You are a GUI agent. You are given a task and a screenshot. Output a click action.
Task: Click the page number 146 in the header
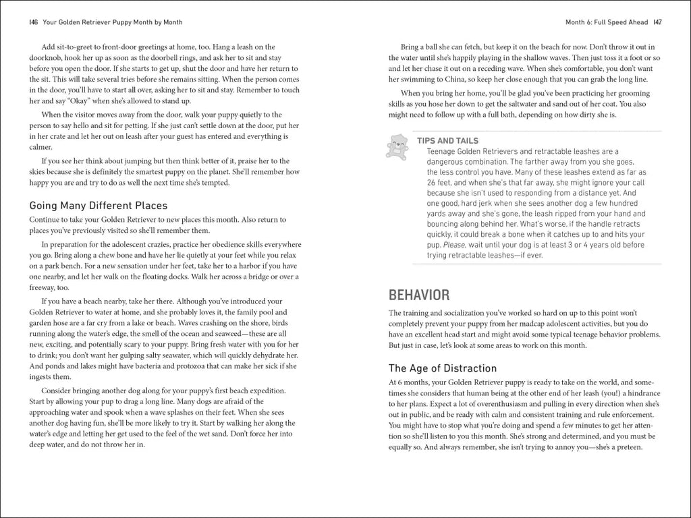pyautogui.click(x=33, y=22)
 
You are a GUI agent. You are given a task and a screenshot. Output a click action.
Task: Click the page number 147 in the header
pyautogui.click(x=657, y=22)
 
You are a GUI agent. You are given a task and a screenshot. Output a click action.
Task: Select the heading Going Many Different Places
pyautogui.click(x=98, y=206)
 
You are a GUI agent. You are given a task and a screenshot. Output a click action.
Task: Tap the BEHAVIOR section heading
pyautogui.click(x=419, y=295)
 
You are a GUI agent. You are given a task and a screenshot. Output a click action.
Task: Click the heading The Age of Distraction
pyautogui.click(x=443, y=368)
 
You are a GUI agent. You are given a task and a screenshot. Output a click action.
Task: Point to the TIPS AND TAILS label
pyautogui.click(x=447, y=141)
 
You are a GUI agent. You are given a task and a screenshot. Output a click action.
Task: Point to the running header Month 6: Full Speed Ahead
pyautogui.click(x=606, y=22)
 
